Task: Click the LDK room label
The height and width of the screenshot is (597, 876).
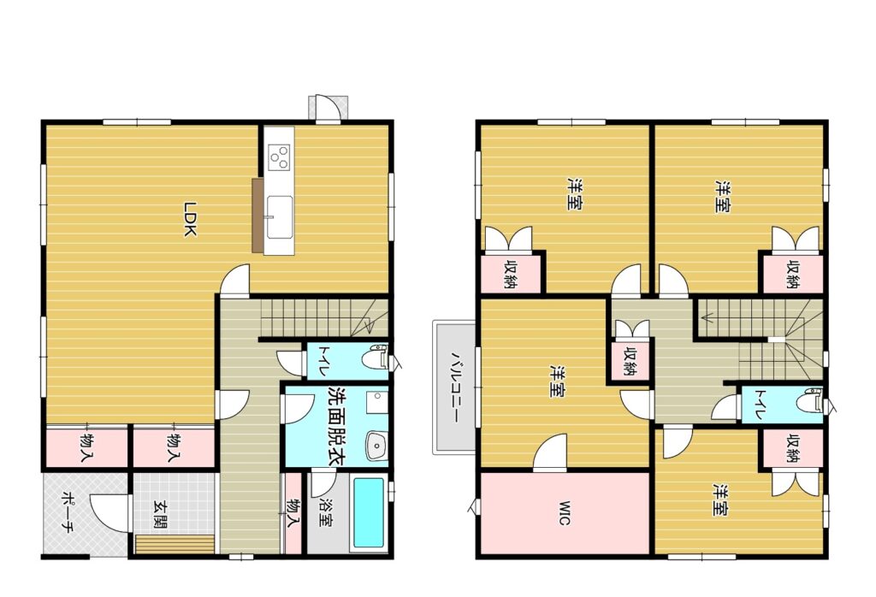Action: click(190, 219)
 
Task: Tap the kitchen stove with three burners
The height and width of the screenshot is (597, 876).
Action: click(280, 157)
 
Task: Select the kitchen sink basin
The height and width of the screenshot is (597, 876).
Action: click(280, 216)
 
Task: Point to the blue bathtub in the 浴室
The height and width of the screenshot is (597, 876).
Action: click(369, 512)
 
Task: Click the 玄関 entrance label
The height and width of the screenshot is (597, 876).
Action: click(160, 515)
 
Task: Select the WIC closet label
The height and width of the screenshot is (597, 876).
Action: click(565, 513)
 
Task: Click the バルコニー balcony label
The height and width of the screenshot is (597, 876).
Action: click(455, 387)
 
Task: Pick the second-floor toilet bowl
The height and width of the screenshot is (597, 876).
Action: click(809, 401)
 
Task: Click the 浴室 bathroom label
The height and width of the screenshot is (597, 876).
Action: click(326, 512)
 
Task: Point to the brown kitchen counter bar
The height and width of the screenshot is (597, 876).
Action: click(257, 215)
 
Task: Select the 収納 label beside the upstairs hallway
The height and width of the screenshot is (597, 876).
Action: click(630, 361)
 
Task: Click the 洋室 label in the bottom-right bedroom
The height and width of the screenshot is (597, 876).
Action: click(720, 499)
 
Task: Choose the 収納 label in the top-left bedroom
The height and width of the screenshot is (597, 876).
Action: click(510, 274)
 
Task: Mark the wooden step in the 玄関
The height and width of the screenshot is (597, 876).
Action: click(175, 544)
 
